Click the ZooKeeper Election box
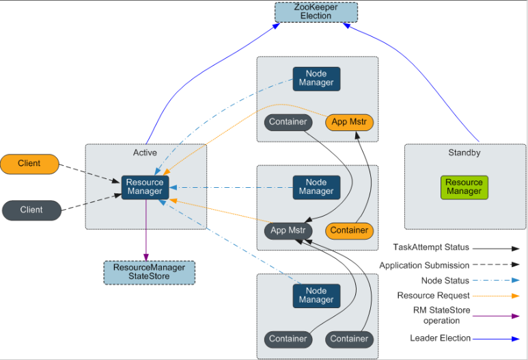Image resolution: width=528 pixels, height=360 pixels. point(316,12)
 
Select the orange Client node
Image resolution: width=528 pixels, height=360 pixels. point(30,164)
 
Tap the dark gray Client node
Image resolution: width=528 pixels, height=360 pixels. point(31,210)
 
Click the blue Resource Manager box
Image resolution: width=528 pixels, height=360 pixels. point(145,187)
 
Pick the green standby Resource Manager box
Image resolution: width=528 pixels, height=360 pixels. point(464,187)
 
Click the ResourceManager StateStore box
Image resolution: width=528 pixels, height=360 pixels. point(149,272)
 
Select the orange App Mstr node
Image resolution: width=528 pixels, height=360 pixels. point(349,122)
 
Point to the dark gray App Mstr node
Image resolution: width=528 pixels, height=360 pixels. point(288,230)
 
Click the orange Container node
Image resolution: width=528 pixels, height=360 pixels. point(349,230)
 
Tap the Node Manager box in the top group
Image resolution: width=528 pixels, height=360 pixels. point(316,79)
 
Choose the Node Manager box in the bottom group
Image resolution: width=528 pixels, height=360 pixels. point(316,295)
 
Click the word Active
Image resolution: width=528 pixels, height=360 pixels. point(145,152)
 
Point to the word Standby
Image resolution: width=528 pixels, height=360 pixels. point(464,153)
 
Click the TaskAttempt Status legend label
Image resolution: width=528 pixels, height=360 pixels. point(431,247)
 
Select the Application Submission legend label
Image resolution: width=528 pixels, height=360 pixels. point(424,265)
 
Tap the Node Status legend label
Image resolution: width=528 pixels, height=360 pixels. point(445,281)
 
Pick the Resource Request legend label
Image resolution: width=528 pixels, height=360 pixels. point(433,296)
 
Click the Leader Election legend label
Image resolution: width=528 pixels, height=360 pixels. point(440,338)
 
